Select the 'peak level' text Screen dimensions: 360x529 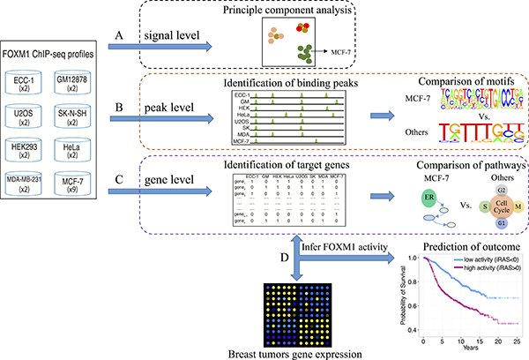(x=158, y=113)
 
